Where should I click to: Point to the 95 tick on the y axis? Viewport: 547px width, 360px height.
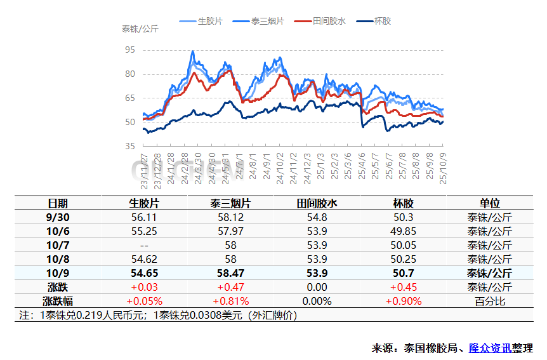tap(130, 50)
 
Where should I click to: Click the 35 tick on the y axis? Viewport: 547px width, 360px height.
tap(130, 146)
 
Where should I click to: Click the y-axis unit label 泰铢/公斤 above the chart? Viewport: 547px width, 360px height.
tap(140, 29)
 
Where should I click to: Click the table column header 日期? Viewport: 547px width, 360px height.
tap(58, 203)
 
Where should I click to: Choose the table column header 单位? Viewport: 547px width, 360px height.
tap(489, 203)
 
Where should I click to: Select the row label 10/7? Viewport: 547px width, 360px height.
tap(58, 245)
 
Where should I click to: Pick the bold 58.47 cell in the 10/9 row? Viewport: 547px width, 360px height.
tap(230, 273)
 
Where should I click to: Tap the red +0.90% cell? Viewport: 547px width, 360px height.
tap(403, 301)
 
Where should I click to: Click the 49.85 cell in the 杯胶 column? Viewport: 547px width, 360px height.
tap(403, 231)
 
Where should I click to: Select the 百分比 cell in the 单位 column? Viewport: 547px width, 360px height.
tap(489, 301)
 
